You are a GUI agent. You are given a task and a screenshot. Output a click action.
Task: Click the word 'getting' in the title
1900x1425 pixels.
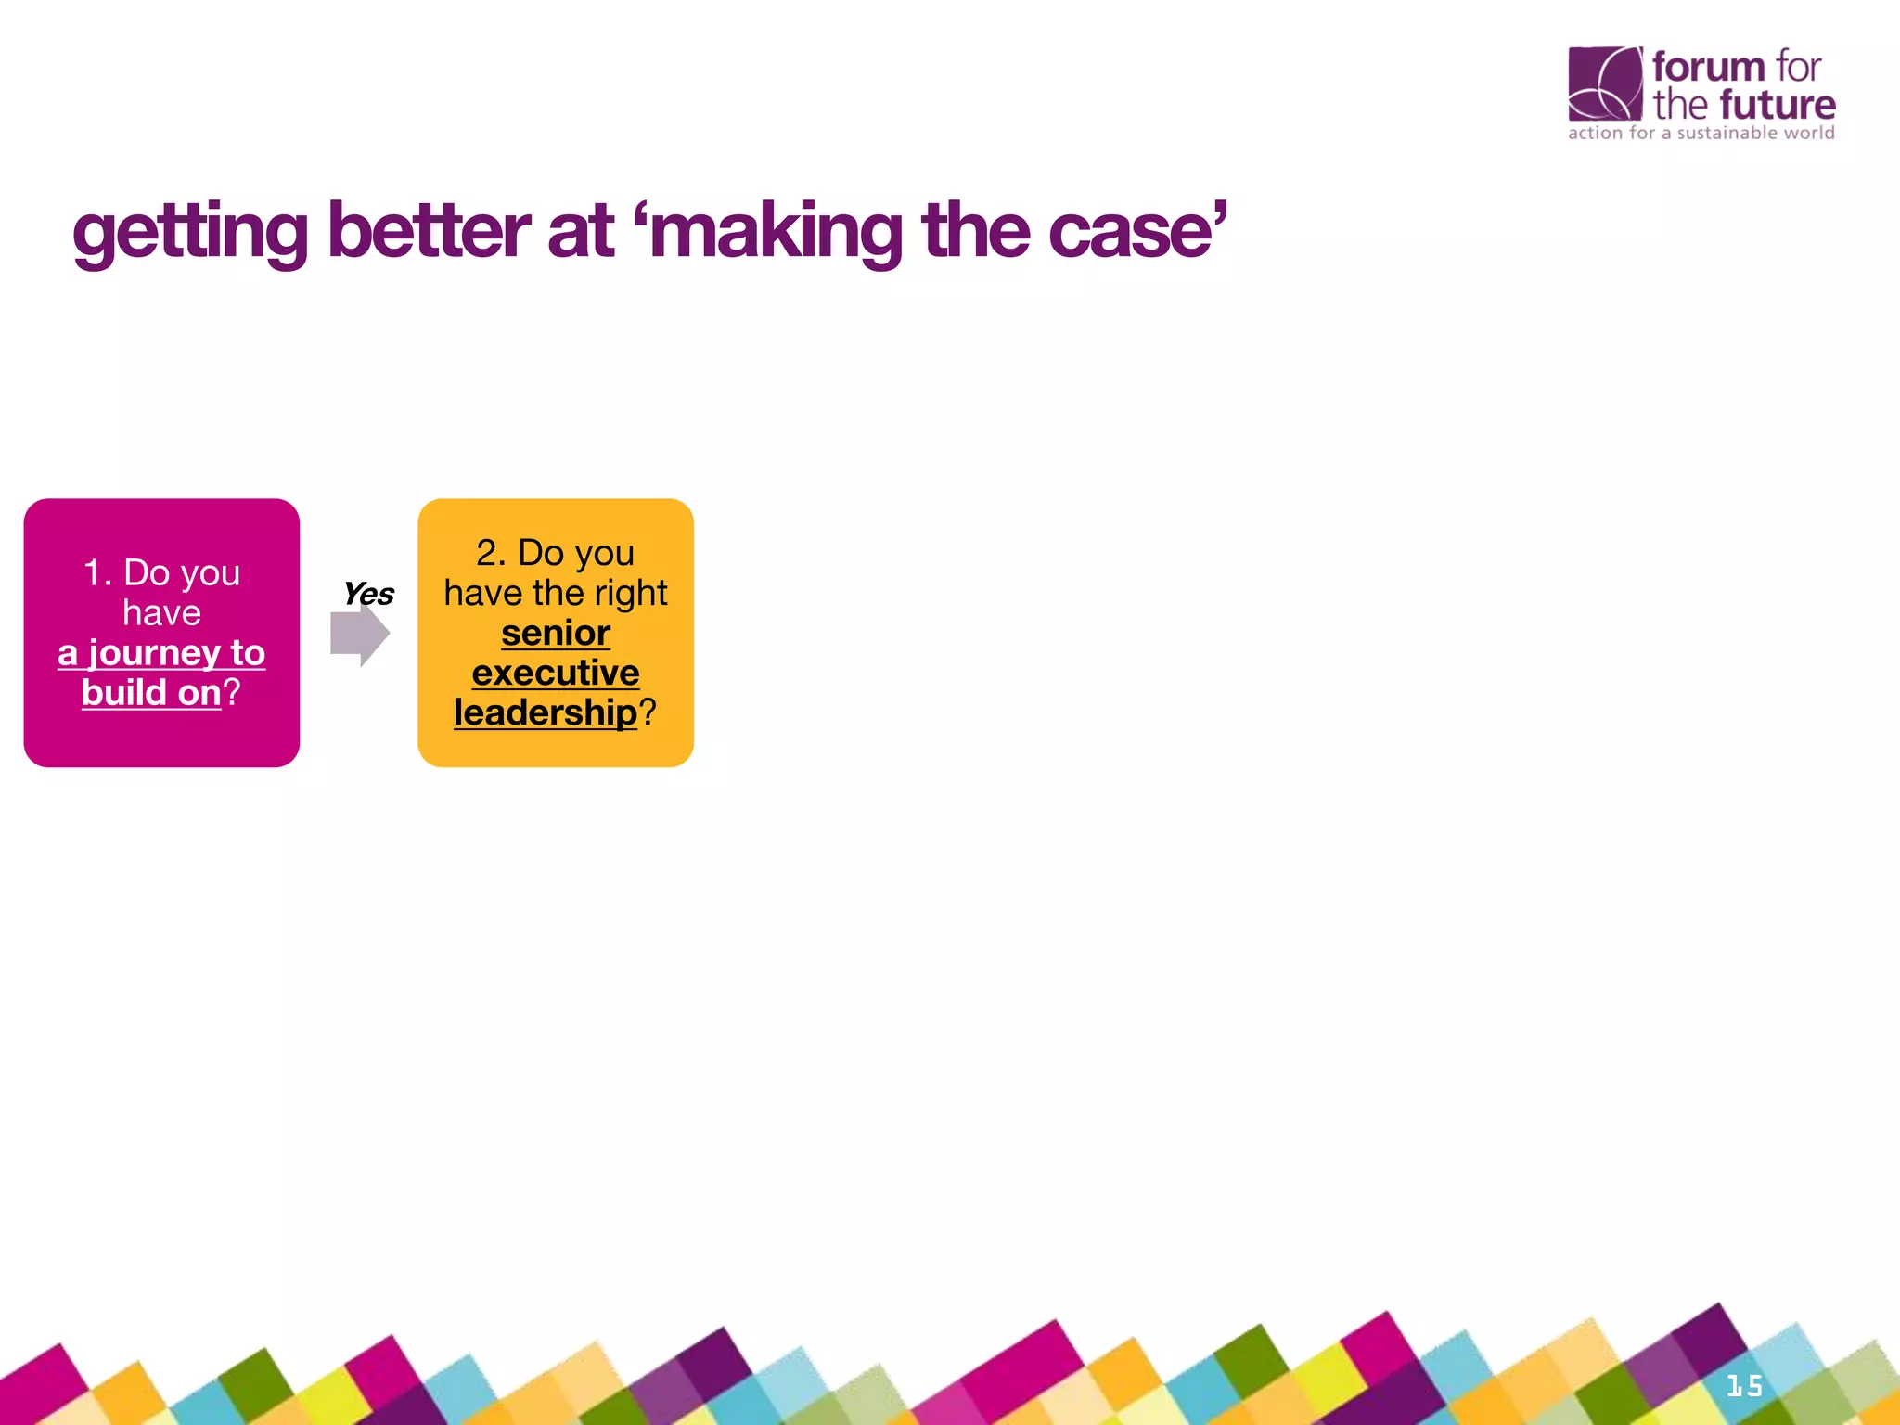click(x=190, y=232)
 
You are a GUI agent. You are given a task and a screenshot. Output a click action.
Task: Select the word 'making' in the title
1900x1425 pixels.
click(x=776, y=232)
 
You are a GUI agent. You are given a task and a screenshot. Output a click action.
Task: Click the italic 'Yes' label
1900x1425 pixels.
click(x=368, y=594)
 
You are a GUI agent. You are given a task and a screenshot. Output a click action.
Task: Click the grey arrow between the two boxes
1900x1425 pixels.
click(x=359, y=635)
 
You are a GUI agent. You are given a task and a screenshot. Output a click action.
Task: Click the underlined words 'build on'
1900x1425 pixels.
click(x=151, y=693)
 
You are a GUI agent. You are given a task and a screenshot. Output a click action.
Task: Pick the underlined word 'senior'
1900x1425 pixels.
click(x=556, y=633)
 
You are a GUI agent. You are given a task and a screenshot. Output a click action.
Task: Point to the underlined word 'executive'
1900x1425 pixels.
click(x=556, y=673)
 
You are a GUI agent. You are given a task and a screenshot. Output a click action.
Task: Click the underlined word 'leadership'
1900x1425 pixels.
click(x=546, y=712)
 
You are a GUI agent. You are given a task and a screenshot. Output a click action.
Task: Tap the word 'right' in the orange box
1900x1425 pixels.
click(x=630, y=593)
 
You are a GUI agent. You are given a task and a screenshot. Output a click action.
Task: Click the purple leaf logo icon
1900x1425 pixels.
click(x=1604, y=83)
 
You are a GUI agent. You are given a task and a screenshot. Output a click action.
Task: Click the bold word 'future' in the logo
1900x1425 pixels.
click(x=1777, y=105)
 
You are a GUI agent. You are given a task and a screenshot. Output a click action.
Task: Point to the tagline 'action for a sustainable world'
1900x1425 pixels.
click(x=1701, y=133)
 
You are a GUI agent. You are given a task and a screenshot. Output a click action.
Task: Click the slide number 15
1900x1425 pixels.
click(x=1744, y=1386)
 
